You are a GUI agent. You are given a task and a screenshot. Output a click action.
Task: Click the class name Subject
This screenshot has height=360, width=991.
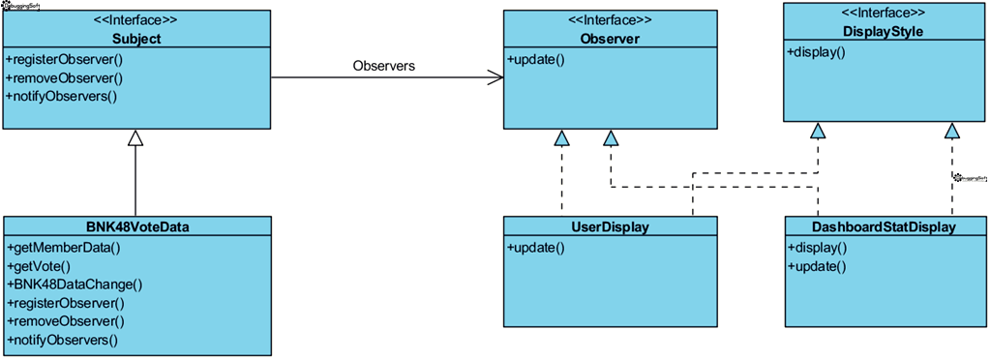(135, 39)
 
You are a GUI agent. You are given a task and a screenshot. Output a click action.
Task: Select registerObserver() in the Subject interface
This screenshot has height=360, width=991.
(65, 59)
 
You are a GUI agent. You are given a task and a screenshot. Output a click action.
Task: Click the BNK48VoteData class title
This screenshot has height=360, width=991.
(135, 227)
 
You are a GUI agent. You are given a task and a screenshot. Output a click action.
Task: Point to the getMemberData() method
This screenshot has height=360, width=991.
(63, 247)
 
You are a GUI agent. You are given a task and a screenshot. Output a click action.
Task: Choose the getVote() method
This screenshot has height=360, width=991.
(39, 265)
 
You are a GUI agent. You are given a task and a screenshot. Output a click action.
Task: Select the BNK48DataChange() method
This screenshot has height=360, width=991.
(75, 285)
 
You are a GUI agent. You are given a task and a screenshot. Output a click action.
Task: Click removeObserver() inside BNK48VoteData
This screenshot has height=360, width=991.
(65, 321)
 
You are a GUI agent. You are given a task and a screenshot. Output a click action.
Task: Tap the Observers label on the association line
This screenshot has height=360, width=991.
(384, 66)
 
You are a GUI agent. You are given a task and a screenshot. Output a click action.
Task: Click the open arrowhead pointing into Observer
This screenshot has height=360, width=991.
(495, 77)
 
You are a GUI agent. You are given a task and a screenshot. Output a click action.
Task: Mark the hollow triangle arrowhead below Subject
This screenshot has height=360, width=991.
(135, 137)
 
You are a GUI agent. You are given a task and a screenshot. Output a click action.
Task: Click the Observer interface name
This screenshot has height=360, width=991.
(610, 39)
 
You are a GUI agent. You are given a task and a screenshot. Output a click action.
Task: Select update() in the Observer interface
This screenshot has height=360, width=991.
(536, 59)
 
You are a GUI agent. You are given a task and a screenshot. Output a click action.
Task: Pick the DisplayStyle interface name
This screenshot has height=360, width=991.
(883, 32)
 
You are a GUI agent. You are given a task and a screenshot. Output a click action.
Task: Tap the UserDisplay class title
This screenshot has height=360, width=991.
(610, 227)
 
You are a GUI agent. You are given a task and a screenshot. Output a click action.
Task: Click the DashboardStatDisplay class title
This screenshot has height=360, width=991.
(883, 227)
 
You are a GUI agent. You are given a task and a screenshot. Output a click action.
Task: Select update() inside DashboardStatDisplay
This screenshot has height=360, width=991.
(817, 266)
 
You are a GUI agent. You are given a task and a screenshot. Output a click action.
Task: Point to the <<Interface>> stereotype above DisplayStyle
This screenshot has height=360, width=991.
(883, 13)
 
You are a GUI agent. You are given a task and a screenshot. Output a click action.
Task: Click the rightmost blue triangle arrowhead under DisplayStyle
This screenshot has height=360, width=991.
(952, 131)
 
